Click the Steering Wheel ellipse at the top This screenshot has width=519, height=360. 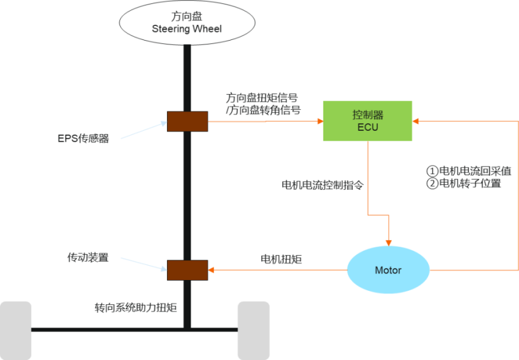(187, 23)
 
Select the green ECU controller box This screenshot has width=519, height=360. (368, 121)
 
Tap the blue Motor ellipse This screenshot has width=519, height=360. (388, 270)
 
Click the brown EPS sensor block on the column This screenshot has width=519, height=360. (187, 121)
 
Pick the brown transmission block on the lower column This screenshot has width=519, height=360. (187, 270)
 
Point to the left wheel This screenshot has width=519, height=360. (16, 330)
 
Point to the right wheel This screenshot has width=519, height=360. (253, 330)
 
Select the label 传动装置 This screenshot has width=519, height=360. (88, 258)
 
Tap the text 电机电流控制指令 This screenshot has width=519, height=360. (322, 186)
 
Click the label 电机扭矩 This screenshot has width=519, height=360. (281, 260)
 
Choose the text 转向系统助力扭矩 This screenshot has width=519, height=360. (135, 309)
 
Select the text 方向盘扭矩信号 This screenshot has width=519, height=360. (262, 98)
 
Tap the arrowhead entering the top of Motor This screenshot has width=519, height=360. (388, 239)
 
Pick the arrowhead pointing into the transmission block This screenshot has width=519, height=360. (212, 270)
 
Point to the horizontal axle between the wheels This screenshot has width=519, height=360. (134, 330)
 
